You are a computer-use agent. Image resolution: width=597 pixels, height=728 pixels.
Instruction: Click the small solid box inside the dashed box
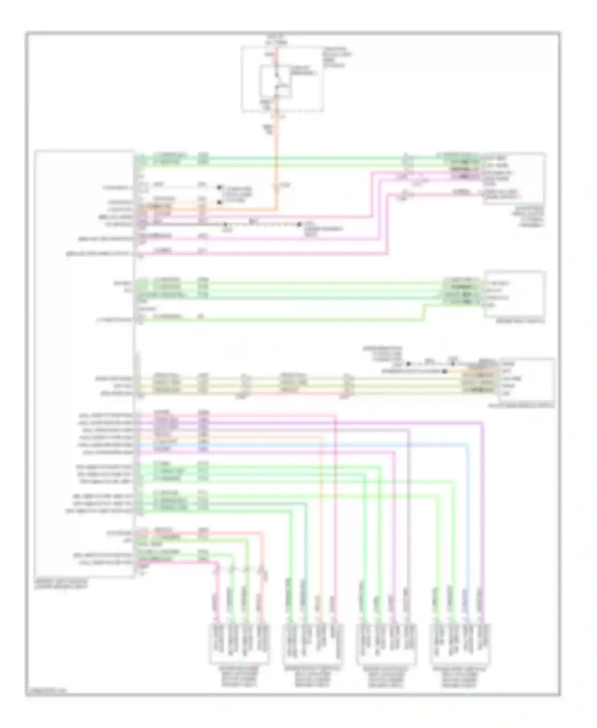click(275, 82)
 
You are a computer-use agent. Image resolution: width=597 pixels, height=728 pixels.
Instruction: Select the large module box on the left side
click(84, 362)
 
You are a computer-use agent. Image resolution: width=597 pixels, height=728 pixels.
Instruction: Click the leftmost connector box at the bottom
click(239, 644)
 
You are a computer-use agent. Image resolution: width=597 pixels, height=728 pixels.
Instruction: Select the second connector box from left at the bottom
click(313, 644)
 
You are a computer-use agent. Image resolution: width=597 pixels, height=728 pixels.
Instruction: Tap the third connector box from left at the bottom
click(386, 644)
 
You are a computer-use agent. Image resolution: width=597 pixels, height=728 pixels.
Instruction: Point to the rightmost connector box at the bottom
click(459, 644)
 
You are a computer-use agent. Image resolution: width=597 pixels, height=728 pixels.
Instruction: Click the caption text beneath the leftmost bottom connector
click(239, 677)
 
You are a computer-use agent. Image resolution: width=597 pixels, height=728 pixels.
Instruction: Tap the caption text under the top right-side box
click(529, 217)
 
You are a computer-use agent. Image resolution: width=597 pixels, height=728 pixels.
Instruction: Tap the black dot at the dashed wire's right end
click(299, 224)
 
